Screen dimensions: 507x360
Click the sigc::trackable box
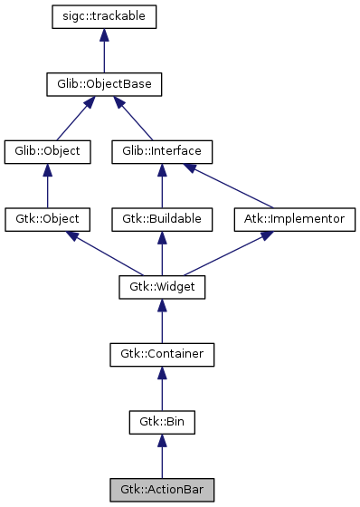(105, 16)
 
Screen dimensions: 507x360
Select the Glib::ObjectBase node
(105, 84)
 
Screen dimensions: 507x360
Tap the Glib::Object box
(48, 151)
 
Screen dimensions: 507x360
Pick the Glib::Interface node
(162, 151)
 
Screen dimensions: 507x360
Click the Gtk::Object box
(48, 219)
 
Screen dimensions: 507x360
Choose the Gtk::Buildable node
(162, 219)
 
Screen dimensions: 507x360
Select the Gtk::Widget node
(162, 287)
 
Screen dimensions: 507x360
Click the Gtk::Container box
(162, 354)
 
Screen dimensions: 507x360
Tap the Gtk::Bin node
(162, 422)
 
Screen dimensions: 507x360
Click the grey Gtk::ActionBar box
(162, 490)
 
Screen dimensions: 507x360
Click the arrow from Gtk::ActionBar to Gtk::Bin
(162, 456)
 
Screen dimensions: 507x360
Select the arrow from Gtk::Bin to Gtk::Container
(162, 388)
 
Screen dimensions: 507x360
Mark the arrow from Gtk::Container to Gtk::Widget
(162, 321)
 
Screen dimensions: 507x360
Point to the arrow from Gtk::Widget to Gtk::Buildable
(162, 253)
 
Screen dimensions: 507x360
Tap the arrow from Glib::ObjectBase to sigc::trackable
(105, 51)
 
